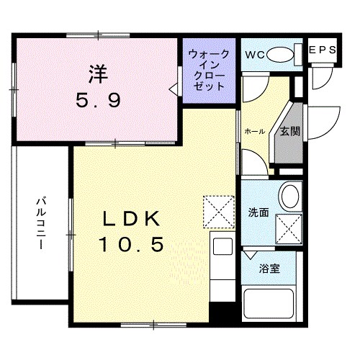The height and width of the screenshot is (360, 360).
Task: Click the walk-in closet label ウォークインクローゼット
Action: coord(209,70)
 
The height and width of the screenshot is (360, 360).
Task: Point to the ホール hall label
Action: coord(254,131)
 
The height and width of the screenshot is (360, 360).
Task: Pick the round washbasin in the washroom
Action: coord(291,196)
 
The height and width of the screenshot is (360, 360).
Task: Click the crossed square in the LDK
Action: coord(220,210)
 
